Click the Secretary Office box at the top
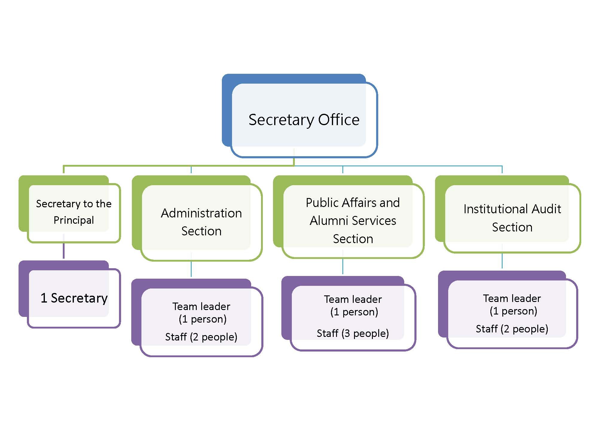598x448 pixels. [300, 116]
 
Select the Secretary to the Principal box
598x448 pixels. [70, 209]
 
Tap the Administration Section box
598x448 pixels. [197, 218]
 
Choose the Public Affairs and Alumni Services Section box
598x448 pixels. [349, 217]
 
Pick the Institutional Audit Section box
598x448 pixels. [508, 214]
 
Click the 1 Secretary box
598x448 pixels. [70, 294]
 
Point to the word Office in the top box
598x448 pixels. [338, 119]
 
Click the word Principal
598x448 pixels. [74, 220]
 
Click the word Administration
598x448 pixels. [202, 213]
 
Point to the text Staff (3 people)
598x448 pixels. [353, 333]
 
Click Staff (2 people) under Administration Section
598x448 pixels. [201, 337]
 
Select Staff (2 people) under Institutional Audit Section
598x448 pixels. [512, 329]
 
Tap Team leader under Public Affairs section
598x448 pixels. [353, 299]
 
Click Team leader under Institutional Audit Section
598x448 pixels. [512, 298]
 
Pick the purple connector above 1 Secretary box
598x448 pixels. [64, 246]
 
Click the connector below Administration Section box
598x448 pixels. [191, 265]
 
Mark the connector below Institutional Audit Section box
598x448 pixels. [502, 256]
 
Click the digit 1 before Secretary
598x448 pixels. [44, 298]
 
